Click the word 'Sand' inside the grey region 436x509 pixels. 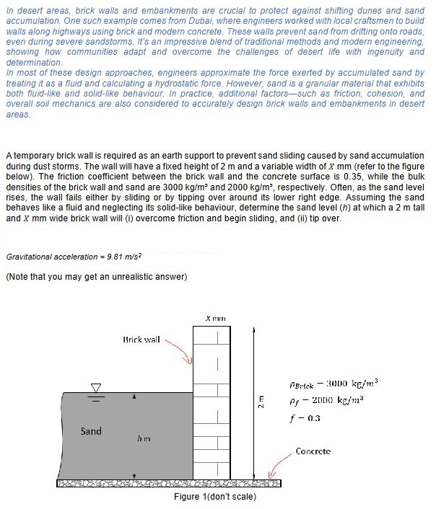(91, 431)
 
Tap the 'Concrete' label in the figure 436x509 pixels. (313, 451)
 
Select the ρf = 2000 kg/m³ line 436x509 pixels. (338, 401)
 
